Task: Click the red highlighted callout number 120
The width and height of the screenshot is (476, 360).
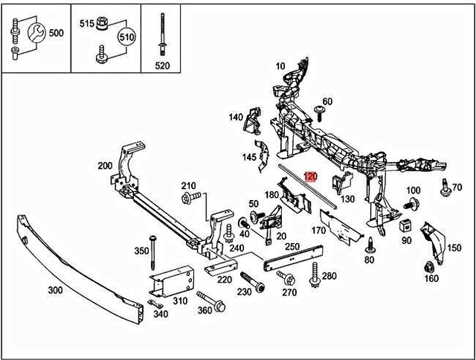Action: tap(311, 177)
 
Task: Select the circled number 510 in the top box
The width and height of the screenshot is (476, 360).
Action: tap(127, 36)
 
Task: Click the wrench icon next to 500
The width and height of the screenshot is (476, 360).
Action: tap(34, 32)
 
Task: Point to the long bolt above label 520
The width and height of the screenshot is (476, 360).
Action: tap(162, 33)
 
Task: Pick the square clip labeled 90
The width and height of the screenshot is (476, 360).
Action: tap(406, 225)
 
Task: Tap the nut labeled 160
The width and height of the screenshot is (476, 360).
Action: tap(429, 266)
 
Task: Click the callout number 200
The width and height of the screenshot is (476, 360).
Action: tap(105, 166)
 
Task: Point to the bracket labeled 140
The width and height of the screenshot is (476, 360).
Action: tap(253, 121)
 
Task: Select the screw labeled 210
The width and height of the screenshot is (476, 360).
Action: tap(188, 199)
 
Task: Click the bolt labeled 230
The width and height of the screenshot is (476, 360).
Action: tap(251, 283)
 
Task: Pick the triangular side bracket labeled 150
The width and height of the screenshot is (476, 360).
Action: tap(433, 239)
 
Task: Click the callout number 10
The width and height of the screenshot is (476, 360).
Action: tap(280, 66)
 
